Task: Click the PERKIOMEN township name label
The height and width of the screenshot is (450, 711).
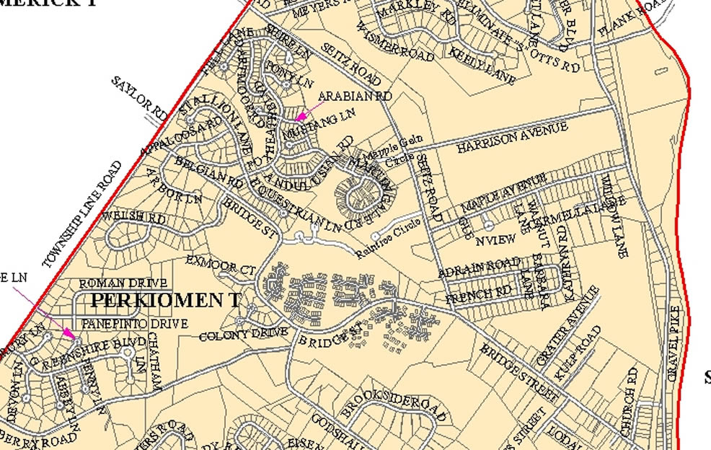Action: [165, 300]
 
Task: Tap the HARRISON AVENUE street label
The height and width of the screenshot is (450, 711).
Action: [512, 137]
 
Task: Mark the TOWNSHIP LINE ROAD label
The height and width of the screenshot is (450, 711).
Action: [82, 214]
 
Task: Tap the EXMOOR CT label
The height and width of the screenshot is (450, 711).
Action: [220, 265]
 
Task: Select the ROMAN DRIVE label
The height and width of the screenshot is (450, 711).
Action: [123, 283]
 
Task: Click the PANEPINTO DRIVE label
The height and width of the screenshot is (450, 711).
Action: [135, 324]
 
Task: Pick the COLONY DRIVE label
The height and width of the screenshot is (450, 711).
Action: [243, 335]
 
